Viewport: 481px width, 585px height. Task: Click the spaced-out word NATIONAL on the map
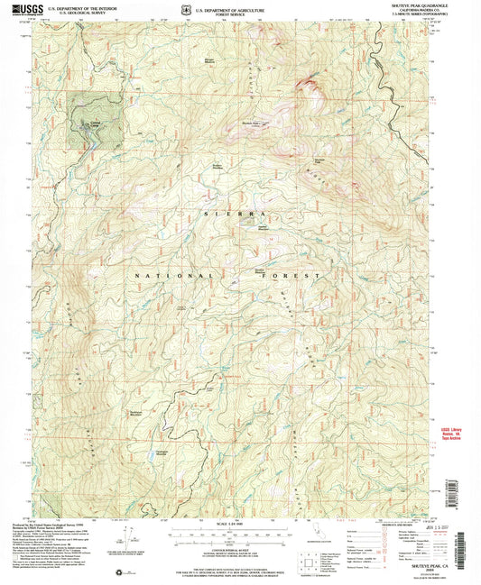tap(174, 274)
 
